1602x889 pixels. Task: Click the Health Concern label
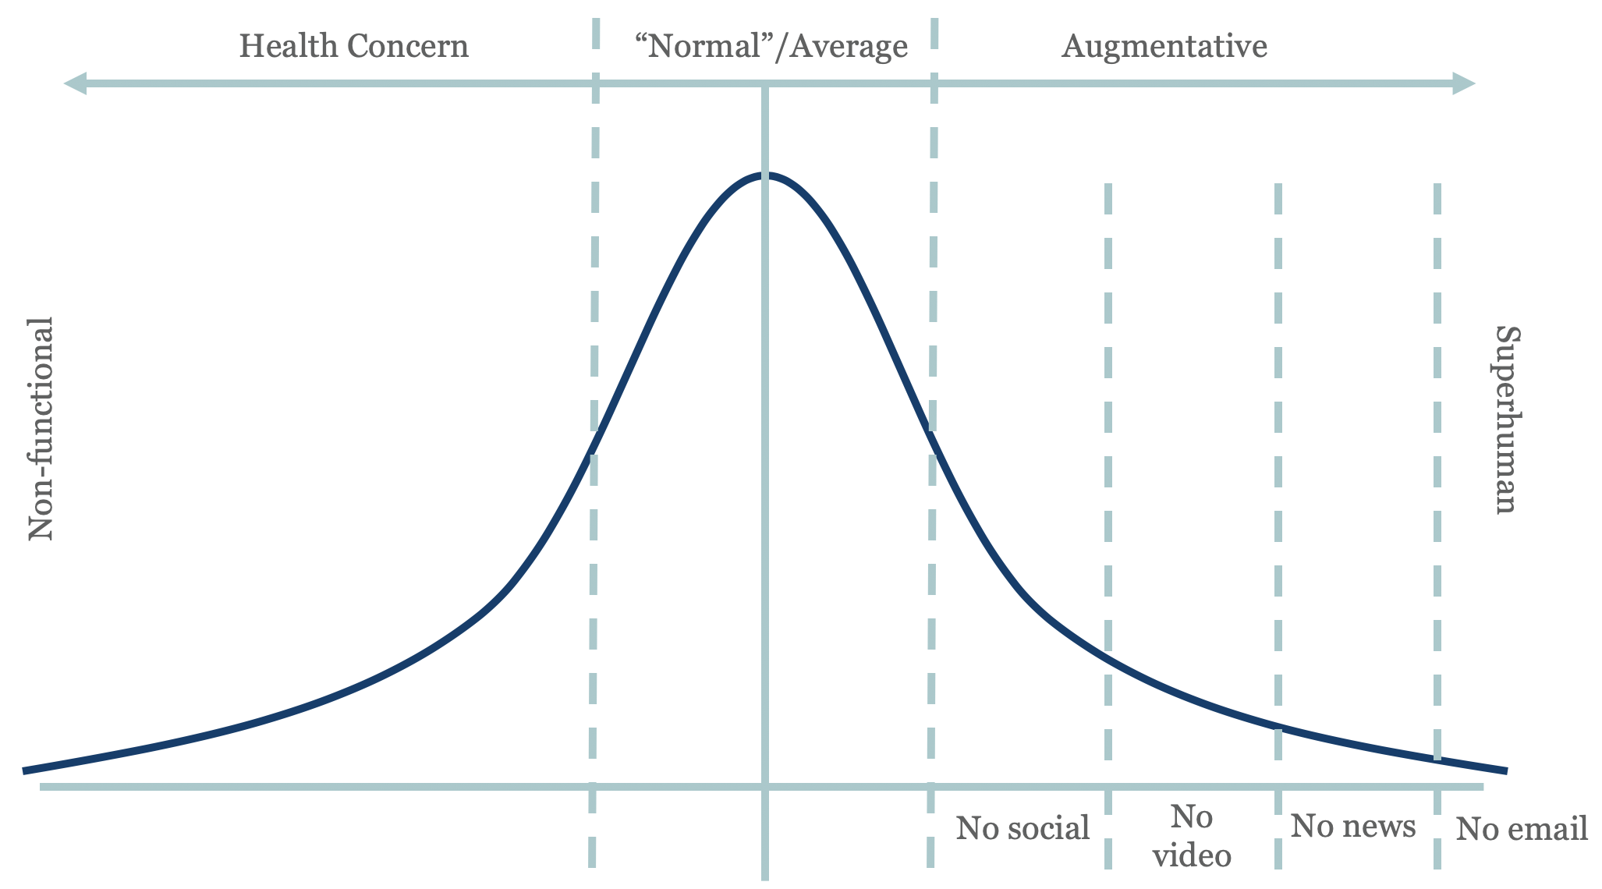click(353, 47)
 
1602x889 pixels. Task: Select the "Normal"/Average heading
click(771, 47)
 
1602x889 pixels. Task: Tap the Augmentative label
click(1164, 47)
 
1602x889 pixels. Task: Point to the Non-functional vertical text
click(41, 429)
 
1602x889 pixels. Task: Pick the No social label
click(1023, 828)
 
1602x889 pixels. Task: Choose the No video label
click(1192, 836)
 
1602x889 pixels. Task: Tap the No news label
click(1353, 826)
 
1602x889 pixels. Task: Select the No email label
click(1522, 829)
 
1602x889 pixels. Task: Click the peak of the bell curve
click(765, 175)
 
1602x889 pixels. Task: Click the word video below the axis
click(1192, 856)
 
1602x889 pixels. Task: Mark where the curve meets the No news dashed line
click(1278, 728)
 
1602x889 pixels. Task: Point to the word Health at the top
click(289, 47)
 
